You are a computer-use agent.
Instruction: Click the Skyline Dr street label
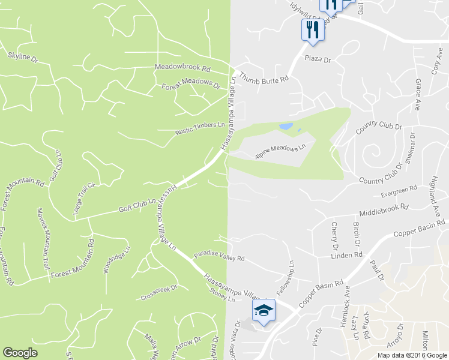[23, 58]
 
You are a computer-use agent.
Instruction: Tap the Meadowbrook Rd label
[183, 68]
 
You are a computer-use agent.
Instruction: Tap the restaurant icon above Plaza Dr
[312, 29]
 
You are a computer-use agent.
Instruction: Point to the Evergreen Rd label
[399, 191]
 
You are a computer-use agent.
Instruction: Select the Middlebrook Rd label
[384, 210]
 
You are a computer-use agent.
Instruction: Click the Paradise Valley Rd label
[219, 257]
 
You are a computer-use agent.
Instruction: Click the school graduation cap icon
[262, 310]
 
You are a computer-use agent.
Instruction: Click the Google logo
[20, 353]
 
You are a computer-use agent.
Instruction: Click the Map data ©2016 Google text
[412, 355]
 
